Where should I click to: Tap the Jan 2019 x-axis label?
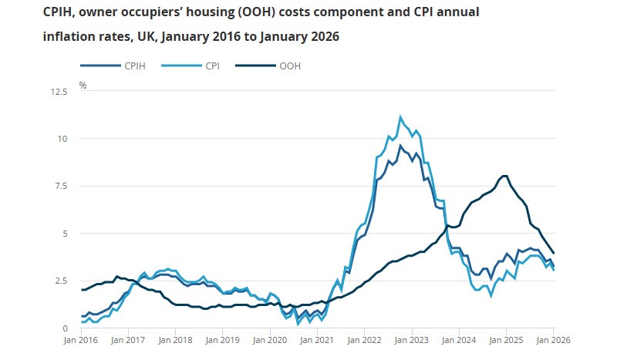223,339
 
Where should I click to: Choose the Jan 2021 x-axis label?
317,339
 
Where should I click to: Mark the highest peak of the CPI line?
400,117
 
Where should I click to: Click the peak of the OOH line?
504,176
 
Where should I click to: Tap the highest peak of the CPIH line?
400,146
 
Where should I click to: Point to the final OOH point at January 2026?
553,253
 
